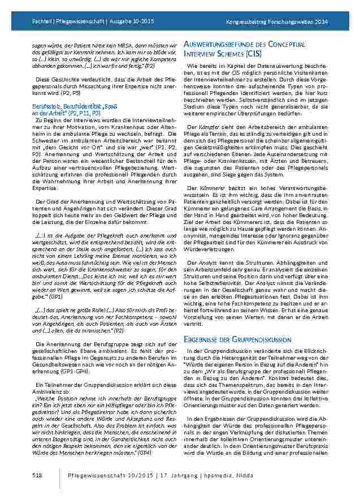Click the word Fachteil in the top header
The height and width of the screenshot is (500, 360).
tap(25, 21)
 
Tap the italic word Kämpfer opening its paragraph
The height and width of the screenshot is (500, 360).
tap(205, 126)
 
